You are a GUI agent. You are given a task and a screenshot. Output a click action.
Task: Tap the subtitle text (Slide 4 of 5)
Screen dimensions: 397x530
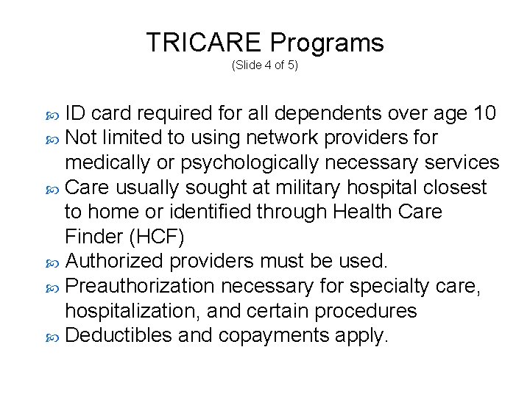click(265, 65)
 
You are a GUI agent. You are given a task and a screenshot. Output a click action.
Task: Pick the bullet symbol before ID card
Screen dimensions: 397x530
click(53, 115)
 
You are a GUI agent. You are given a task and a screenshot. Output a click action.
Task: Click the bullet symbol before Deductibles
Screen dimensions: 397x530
click(53, 337)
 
